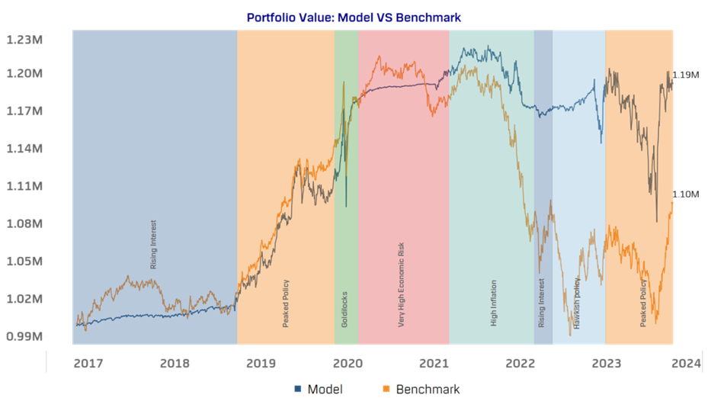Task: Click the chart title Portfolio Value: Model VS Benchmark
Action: click(354, 17)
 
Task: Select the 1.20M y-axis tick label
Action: click(24, 73)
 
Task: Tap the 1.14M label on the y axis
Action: click(24, 148)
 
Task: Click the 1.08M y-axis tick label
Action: click(24, 223)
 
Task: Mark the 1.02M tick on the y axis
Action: click(24, 298)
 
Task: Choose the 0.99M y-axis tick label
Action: click(24, 336)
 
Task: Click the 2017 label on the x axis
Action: click(88, 363)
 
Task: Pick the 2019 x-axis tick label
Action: click(261, 363)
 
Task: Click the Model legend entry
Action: click(314, 389)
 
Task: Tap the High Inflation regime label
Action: click(494, 303)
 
